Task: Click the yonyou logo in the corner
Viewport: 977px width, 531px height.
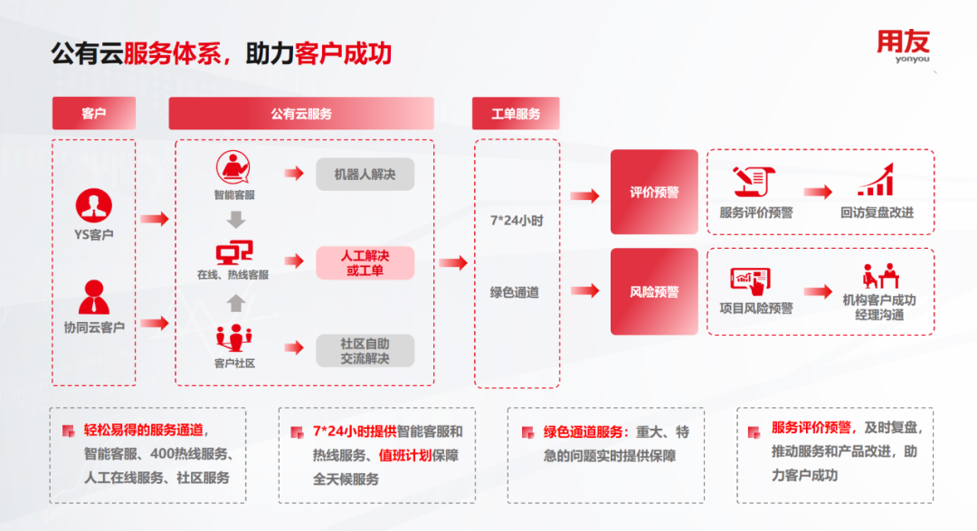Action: (902, 47)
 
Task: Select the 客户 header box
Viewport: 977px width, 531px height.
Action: (94, 113)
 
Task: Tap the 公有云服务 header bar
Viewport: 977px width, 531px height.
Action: (301, 113)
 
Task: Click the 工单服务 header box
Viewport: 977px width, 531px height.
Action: (516, 113)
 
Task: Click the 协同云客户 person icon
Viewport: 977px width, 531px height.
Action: (93, 297)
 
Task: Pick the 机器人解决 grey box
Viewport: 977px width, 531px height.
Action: (365, 174)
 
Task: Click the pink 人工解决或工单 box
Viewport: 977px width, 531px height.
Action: (365, 263)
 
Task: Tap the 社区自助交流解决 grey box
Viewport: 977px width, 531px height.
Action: (365, 351)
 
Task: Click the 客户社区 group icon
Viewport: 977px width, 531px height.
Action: (234, 338)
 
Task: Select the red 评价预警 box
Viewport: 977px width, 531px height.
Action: (654, 192)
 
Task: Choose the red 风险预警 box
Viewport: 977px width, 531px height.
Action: (654, 291)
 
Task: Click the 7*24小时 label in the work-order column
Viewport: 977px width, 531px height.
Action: (515, 220)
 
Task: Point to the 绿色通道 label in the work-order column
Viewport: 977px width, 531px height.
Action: (515, 292)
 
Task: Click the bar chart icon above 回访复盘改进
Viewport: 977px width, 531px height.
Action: (876, 181)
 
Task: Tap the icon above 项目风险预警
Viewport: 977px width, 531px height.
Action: (750, 280)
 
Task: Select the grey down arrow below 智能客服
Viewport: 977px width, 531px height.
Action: (235, 219)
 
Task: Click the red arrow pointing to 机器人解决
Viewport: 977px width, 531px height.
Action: (293, 174)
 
